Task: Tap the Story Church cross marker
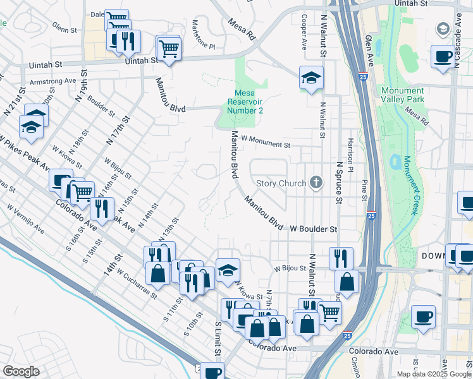(x=316, y=184)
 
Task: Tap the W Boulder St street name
(x=314, y=229)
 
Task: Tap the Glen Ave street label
(x=368, y=45)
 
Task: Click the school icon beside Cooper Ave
(x=310, y=78)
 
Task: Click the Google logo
(x=21, y=371)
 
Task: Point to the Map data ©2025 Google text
(x=434, y=374)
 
